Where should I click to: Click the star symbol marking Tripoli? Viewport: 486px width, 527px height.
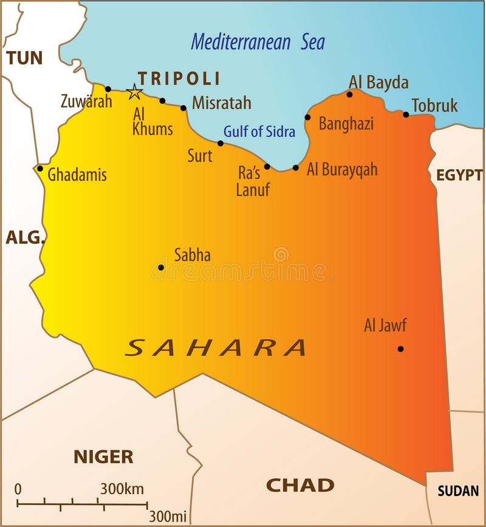click(134, 92)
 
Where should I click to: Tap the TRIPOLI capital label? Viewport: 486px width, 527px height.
click(179, 79)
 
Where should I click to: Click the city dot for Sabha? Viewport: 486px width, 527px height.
click(161, 267)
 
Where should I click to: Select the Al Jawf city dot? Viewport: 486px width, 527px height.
click(400, 349)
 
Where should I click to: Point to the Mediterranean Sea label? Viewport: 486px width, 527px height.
click(258, 42)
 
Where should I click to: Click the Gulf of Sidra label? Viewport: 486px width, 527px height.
click(259, 131)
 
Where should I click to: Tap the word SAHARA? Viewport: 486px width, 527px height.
click(216, 347)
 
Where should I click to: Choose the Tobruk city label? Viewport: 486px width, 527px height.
click(435, 105)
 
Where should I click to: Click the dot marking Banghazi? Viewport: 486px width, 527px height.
click(307, 117)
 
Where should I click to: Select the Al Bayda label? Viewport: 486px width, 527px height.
click(378, 82)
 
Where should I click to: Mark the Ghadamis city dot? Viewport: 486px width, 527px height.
click(40, 169)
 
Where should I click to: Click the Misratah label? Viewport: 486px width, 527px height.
click(222, 103)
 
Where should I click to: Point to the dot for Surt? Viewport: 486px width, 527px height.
click(221, 144)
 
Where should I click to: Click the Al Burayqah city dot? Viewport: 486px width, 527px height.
click(296, 167)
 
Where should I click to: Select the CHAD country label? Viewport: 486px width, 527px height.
click(300, 485)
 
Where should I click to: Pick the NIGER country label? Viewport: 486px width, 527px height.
click(103, 456)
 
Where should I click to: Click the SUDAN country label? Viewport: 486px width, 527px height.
click(458, 490)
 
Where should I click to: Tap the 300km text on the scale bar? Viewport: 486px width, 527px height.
click(122, 489)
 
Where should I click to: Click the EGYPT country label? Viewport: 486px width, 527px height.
click(459, 175)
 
